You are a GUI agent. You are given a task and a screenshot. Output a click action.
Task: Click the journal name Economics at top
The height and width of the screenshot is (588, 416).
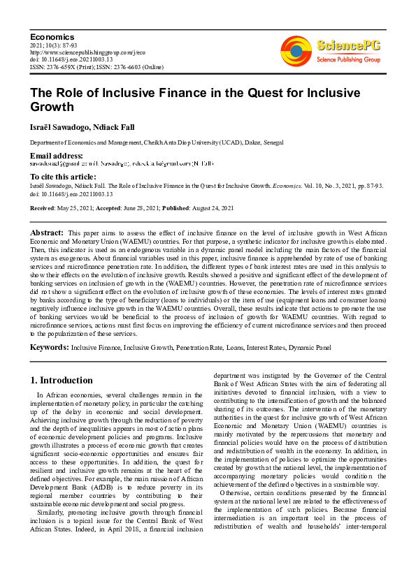pyautogui.click(x=52, y=36)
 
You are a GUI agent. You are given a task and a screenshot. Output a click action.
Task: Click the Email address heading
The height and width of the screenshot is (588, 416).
pyautogui.click(x=56, y=155)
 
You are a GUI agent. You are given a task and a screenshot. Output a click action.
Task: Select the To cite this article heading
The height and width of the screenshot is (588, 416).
pyautogui.click(x=63, y=177)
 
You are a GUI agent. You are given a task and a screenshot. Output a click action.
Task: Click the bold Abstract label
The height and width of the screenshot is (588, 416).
pyautogui.click(x=48, y=232)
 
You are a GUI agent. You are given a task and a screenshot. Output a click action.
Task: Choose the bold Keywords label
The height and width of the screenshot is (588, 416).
pyautogui.click(x=49, y=347)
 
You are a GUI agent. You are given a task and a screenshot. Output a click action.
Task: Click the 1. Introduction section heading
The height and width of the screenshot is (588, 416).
pyautogui.click(x=62, y=381)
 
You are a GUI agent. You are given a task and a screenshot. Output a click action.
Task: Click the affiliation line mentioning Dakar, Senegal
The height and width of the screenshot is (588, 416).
pyautogui.click(x=157, y=142)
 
